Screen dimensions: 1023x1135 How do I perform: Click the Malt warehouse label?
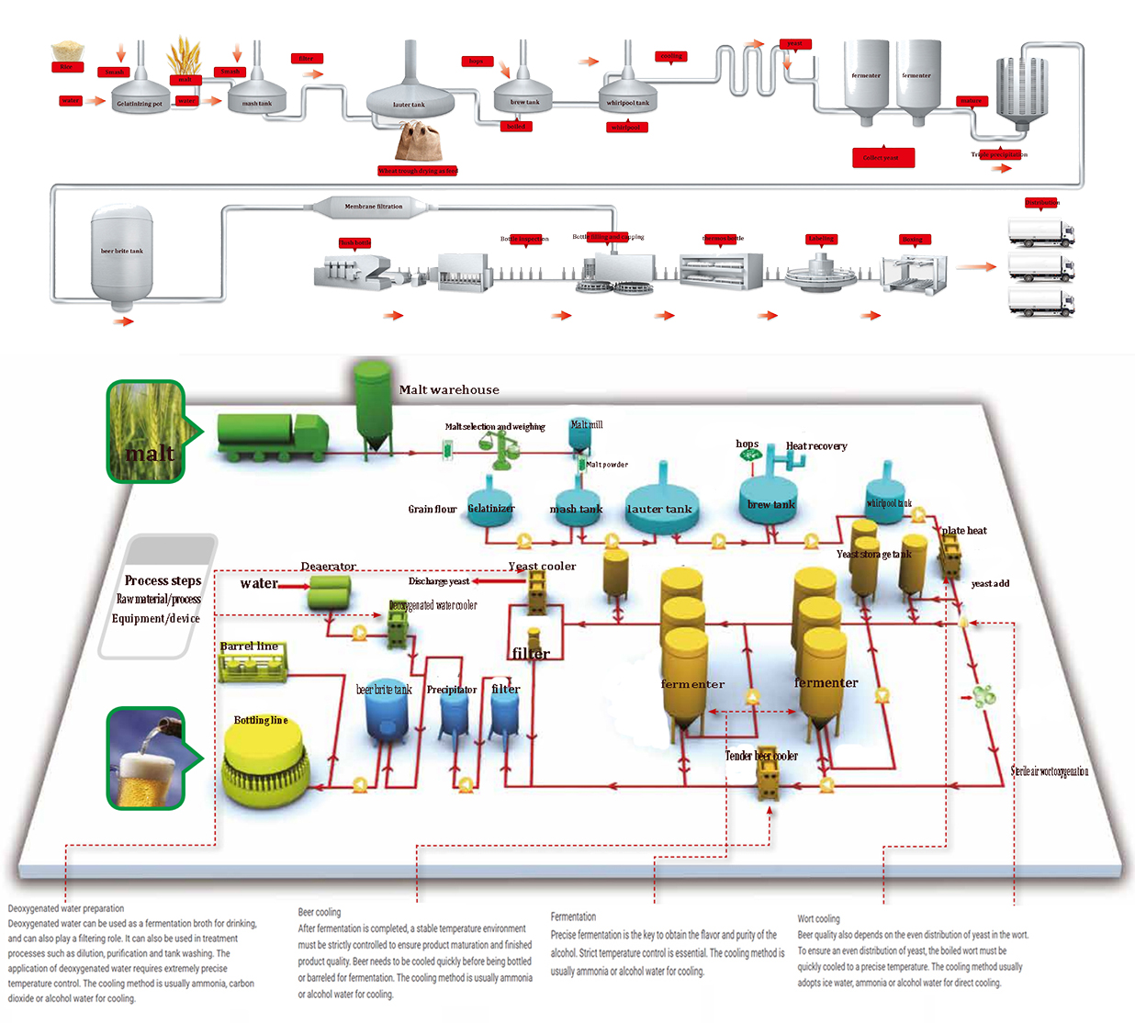tap(449, 390)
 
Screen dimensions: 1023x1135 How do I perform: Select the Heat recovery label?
tap(816, 446)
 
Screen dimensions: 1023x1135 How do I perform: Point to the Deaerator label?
tap(328, 567)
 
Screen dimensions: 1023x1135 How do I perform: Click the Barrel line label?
tap(249, 646)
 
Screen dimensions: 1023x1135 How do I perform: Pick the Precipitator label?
tap(452, 690)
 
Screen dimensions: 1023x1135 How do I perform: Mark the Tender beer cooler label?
tap(761, 756)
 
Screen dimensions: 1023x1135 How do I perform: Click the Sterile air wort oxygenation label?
tap(1050, 771)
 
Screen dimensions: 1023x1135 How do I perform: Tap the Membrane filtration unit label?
tap(373, 207)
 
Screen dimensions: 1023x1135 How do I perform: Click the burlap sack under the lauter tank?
tap(419, 143)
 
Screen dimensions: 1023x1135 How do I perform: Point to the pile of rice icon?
tap(67, 50)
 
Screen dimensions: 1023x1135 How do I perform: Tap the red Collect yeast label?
tap(882, 158)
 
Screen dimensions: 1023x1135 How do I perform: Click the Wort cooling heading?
tap(818, 918)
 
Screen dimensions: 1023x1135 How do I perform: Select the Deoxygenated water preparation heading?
tap(66, 908)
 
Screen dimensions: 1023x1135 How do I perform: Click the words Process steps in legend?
tap(163, 580)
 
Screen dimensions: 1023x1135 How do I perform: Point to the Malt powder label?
tap(607, 465)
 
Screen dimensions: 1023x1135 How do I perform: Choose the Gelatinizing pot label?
tap(140, 104)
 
